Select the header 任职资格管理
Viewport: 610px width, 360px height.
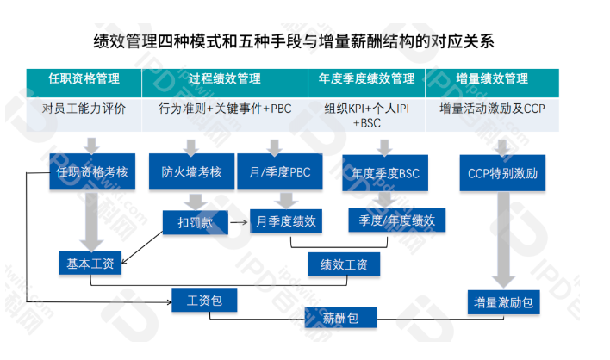84,79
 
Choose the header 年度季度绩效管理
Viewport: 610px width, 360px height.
366,79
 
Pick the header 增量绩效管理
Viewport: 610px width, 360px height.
492,79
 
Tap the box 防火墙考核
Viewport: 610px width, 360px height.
191,171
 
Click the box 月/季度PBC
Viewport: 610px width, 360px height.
274,171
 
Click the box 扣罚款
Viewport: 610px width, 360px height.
190,222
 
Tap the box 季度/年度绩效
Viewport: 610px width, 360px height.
397,220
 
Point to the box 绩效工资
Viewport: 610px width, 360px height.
344,264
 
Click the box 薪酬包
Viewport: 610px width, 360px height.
340,319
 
